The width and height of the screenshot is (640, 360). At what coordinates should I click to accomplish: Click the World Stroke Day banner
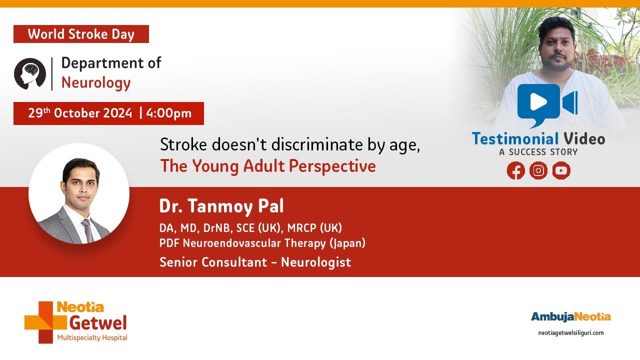coord(81,34)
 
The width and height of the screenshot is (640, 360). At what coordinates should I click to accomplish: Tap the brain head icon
coord(30,74)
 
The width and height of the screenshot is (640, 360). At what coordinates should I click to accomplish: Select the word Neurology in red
coord(96,83)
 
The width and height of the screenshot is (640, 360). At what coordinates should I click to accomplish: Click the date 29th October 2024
coord(80,113)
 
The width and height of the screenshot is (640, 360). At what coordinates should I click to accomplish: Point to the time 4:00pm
coord(168,113)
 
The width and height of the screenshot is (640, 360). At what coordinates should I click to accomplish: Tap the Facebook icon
coord(515,170)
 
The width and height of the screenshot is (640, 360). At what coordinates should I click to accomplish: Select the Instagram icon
coord(538,170)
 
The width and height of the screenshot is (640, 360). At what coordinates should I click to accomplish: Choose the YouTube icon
coord(561,170)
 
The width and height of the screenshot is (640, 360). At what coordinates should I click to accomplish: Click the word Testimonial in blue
coord(515,139)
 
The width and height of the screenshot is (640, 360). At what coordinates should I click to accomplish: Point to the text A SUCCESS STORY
coord(538,152)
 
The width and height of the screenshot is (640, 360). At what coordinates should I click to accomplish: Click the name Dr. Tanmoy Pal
coord(221,206)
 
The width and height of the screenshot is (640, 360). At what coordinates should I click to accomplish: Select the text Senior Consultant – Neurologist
coord(255,262)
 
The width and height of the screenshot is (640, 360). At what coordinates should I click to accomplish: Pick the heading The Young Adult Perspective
coord(268,166)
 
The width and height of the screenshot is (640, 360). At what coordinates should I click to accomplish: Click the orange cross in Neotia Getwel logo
coord(45,322)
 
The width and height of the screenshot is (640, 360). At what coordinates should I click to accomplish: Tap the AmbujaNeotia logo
coord(571,317)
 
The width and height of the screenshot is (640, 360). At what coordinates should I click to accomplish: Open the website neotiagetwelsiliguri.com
coord(571,333)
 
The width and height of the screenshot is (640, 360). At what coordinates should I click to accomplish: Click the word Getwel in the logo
coord(98,323)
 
